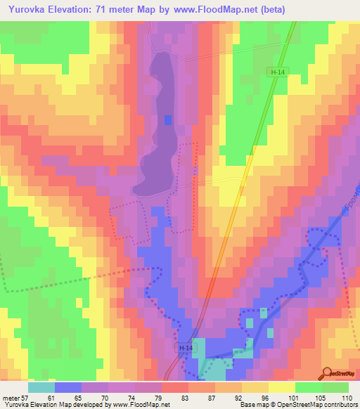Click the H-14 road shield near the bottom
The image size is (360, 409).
(x=183, y=349)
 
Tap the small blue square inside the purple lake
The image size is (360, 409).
(x=167, y=120)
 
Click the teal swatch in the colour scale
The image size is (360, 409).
(x=41, y=387)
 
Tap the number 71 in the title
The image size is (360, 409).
(x=110, y=9)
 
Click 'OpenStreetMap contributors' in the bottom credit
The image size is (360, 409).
(x=317, y=405)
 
